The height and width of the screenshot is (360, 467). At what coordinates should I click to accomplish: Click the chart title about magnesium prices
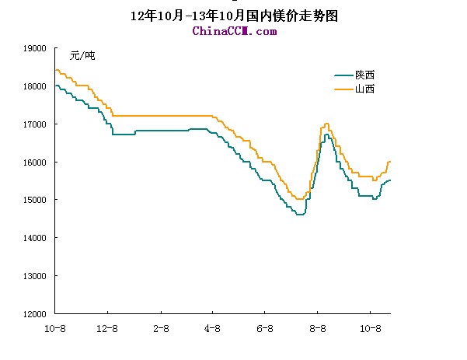pyautogui.click(x=233, y=16)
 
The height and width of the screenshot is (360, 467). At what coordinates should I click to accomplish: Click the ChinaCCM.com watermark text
pyautogui.click(x=234, y=31)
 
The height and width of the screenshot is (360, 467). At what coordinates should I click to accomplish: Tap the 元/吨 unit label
pyautogui.click(x=82, y=55)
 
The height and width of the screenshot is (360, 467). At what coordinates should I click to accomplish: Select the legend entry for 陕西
pyautogui.click(x=365, y=75)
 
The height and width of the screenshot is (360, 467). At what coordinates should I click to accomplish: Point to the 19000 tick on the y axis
pyautogui.click(x=36, y=48)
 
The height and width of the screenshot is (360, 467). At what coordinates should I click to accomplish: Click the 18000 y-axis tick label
pyautogui.click(x=36, y=86)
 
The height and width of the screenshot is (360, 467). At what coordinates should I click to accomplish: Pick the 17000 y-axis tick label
pyautogui.click(x=36, y=124)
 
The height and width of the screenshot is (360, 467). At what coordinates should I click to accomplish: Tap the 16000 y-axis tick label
pyautogui.click(x=36, y=163)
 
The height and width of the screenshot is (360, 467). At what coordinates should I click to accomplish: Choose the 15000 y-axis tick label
pyautogui.click(x=36, y=200)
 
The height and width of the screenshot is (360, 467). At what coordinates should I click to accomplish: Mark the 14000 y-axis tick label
pyautogui.click(x=36, y=238)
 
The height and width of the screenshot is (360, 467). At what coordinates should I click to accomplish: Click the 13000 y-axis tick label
pyautogui.click(x=36, y=276)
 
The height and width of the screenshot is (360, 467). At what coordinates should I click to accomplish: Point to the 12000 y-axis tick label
pyautogui.click(x=36, y=314)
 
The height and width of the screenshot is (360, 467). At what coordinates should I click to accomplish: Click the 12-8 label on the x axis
pyautogui.click(x=106, y=329)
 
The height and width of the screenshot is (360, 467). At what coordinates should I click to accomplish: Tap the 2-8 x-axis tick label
pyautogui.click(x=161, y=329)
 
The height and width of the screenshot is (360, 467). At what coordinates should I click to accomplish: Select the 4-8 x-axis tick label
pyautogui.click(x=213, y=329)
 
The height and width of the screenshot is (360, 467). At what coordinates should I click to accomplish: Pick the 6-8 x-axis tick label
pyautogui.click(x=265, y=329)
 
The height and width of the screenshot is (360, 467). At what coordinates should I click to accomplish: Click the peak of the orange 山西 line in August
pyautogui.click(x=327, y=123)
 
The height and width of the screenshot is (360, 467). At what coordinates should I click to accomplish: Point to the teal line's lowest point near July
pyautogui.click(x=299, y=214)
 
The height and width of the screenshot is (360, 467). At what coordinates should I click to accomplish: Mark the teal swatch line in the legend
pyautogui.click(x=343, y=75)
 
